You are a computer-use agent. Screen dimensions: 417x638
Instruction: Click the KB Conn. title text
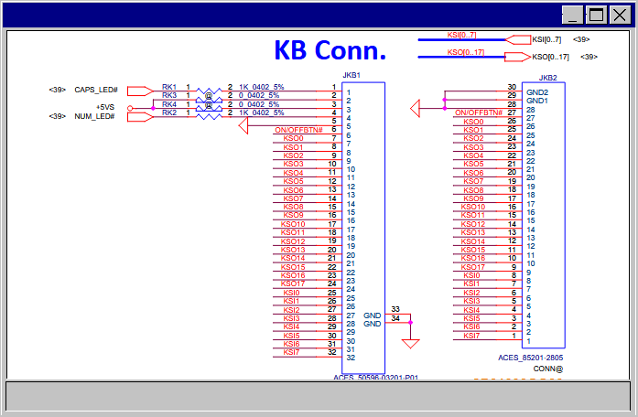[330, 49]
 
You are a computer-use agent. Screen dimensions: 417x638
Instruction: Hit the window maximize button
[596, 15]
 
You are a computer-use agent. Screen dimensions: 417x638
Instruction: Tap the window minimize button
[572, 15]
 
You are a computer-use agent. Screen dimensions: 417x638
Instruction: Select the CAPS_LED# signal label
[96, 90]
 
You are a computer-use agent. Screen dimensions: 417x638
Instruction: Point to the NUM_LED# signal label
[96, 116]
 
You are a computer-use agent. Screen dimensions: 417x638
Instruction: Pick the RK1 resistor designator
[169, 86]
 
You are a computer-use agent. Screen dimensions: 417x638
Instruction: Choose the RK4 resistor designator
[169, 104]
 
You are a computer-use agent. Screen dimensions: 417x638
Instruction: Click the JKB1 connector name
[351, 75]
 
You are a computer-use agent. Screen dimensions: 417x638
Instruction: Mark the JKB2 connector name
[549, 78]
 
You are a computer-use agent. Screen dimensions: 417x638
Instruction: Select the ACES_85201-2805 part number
[531, 358]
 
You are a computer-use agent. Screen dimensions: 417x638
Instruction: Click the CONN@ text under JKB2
[548, 369]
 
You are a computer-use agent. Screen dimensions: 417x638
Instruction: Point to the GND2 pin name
[537, 92]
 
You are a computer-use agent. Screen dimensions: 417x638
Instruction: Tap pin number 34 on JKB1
[395, 318]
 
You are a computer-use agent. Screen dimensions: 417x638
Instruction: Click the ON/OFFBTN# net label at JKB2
[478, 112]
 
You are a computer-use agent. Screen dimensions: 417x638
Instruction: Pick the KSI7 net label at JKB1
[291, 352]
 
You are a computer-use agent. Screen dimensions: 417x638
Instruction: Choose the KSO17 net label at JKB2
[473, 267]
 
